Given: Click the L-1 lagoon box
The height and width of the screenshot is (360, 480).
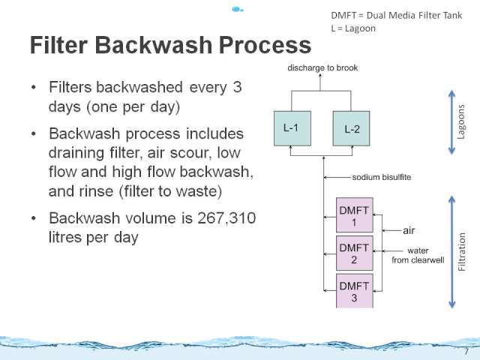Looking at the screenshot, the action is point(292,128).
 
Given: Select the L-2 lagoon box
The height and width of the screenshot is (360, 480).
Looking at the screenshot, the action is point(351,128).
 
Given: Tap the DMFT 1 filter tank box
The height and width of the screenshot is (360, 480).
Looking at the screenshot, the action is point(355,215).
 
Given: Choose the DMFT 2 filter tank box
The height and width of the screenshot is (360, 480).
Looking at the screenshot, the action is point(355,253).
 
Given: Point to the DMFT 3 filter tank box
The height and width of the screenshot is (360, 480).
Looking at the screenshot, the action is point(355,291).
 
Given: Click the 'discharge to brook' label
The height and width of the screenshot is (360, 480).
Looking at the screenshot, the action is point(322,67).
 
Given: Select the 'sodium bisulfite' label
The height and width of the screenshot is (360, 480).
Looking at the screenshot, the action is point(382,177).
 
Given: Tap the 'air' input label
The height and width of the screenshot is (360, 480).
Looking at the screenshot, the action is point(409,230).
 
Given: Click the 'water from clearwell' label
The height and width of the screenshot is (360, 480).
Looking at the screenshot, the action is point(418,255).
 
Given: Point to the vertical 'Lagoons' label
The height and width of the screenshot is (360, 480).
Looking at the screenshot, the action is point(461,121).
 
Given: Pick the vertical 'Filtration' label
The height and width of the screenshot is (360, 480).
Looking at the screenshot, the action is point(462,252).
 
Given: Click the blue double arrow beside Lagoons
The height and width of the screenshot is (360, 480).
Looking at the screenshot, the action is point(451,122).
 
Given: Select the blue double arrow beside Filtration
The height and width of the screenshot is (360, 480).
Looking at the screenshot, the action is point(451,252).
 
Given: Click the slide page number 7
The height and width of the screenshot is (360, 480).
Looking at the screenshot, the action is point(466,351).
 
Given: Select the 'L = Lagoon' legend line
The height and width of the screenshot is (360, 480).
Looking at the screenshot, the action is point(353,28).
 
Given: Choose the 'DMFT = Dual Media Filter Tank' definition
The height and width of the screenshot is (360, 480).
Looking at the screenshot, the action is point(397,15).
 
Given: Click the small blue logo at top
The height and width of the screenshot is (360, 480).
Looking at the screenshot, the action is point(237,10).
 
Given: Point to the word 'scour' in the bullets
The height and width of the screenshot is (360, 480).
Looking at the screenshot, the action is point(190,153).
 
